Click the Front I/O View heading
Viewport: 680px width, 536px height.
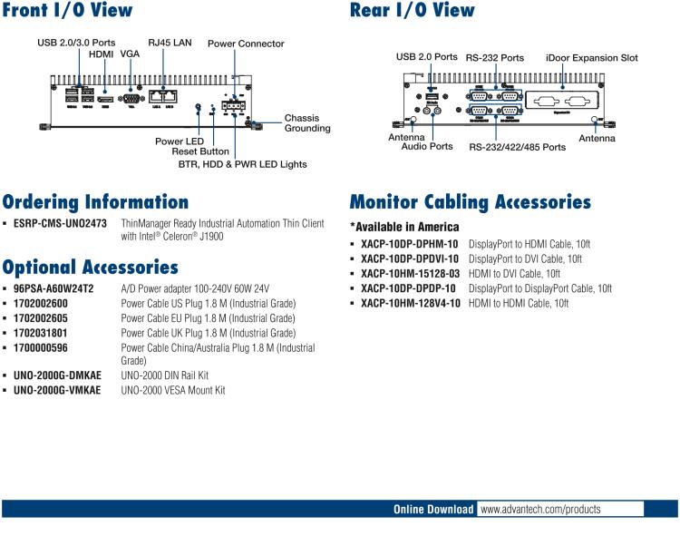pos(67,11)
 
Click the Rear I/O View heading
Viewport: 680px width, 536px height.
pos(412,11)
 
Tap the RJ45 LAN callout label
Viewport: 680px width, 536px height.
pos(170,43)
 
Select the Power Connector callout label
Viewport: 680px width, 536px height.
pos(246,44)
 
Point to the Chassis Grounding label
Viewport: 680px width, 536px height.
pos(307,123)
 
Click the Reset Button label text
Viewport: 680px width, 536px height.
pos(200,151)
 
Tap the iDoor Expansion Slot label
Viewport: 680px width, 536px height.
pos(592,58)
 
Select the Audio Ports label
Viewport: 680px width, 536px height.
pos(427,146)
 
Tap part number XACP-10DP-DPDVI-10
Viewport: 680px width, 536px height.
pos(410,258)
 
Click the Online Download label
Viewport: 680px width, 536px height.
pos(433,510)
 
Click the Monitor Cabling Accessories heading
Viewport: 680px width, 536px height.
pos(470,202)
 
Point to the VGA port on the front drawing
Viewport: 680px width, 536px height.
pos(131,95)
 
